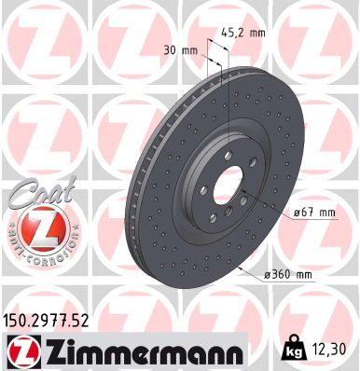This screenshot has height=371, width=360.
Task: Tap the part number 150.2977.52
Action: click(48, 321)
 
